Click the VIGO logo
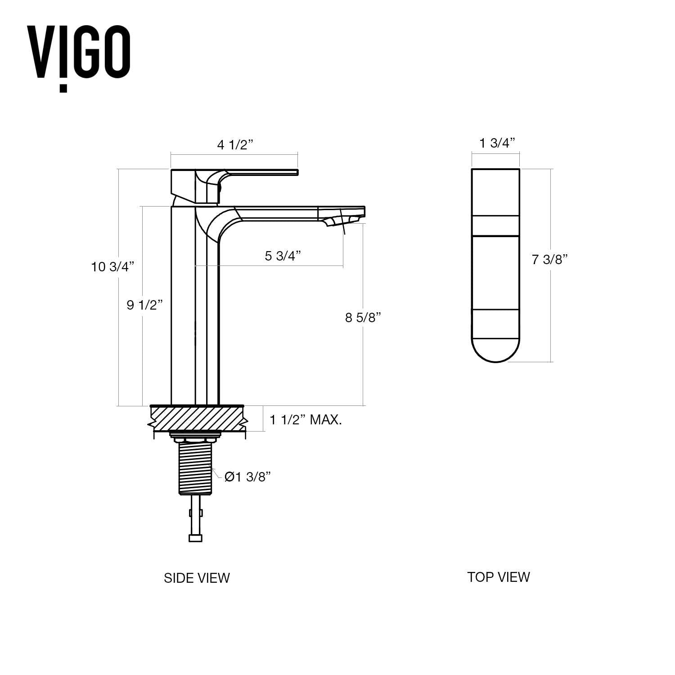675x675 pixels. (79, 56)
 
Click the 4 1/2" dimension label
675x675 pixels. (235, 145)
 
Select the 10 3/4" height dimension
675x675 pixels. (112, 267)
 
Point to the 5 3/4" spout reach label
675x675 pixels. (283, 256)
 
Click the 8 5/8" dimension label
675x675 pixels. (363, 317)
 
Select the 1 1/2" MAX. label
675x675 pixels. (306, 420)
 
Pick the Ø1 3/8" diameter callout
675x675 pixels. (247, 477)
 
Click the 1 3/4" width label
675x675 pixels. (497, 143)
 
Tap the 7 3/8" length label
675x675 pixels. (549, 260)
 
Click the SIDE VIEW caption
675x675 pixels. (197, 578)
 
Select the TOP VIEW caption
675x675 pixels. (498, 577)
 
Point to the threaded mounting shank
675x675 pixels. (195, 468)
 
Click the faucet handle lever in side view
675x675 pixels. (261, 172)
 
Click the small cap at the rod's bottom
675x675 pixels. (195, 538)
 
